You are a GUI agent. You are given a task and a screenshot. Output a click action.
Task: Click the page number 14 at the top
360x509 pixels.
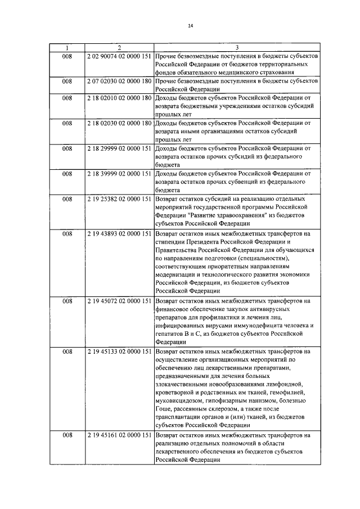[190, 25]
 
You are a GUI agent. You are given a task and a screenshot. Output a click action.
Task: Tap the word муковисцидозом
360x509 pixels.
[183, 400]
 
